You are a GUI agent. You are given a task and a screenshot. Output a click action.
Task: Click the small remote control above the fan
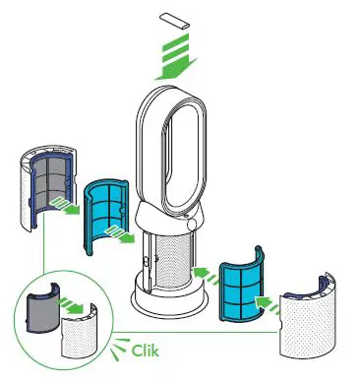(175, 20)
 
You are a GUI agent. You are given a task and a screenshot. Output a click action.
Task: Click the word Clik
(144, 349)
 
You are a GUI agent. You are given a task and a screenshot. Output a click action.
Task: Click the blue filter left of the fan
(109, 212)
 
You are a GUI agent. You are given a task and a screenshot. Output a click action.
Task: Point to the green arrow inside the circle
(70, 304)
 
